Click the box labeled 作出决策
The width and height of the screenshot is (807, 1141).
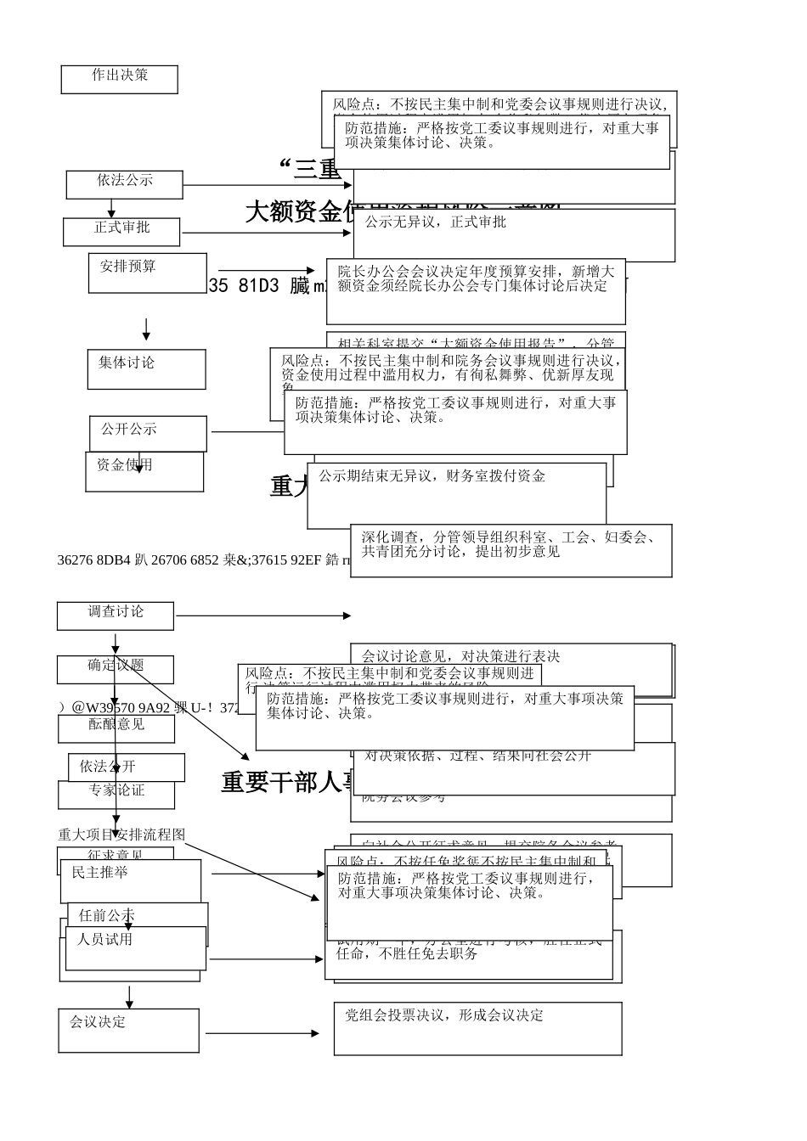(119, 79)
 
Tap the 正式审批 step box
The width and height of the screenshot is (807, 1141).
(121, 231)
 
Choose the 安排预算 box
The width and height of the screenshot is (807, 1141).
(147, 273)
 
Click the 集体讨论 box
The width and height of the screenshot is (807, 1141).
(146, 369)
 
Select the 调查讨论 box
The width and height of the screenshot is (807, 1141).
(116, 615)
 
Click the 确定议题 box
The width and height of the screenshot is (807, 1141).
(116, 668)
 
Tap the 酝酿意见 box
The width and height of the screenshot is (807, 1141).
(116, 728)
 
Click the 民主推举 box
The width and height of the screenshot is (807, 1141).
(130, 880)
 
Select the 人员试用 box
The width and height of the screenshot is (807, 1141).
(135, 947)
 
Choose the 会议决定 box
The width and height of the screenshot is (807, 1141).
(128, 1030)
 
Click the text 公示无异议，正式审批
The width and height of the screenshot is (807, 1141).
(436, 222)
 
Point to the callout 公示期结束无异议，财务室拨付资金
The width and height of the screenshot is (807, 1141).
(432, 476)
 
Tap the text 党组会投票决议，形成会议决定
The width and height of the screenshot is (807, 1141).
(444, 1015)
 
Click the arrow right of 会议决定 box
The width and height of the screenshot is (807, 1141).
(262, 1033)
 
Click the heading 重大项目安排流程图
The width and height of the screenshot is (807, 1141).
(121, 835)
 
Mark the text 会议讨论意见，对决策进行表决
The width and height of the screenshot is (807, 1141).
(461, 656)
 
